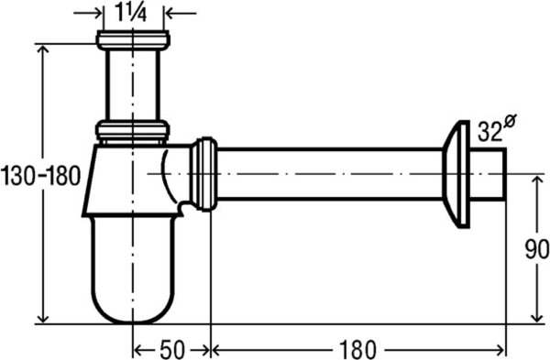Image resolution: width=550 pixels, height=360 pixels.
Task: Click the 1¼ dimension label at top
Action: pos(133,13)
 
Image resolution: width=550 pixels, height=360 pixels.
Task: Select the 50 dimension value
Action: pos(172,348)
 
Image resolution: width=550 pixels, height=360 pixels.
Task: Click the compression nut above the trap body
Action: pos(133,130)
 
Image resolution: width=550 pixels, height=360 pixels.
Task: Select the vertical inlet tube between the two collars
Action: pos(133,84)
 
